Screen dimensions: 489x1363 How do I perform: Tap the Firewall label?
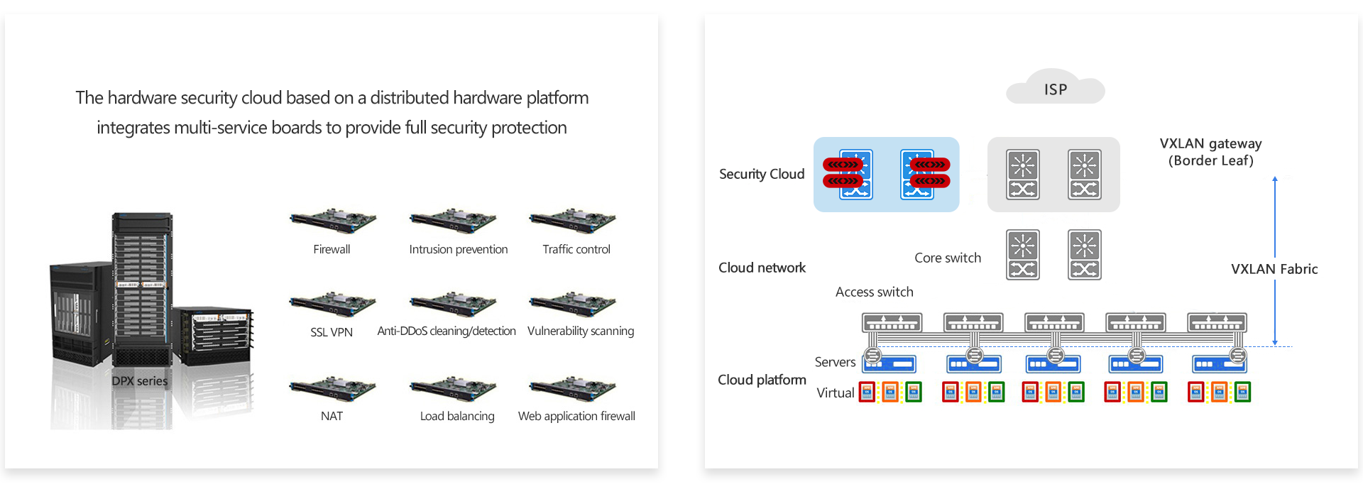[x=332, y=249]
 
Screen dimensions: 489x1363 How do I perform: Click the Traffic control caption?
[x=576, y=249]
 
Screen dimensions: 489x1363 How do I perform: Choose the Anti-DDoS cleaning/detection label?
[x=447, y=331]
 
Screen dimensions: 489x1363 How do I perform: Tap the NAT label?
[x=332, y=416]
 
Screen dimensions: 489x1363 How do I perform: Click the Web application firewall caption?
[x=576, y=416]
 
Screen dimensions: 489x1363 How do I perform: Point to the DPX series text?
[x=140, y=381]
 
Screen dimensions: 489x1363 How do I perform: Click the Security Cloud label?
[x=762, y=174]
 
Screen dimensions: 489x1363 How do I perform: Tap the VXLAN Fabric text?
[x=1274, y=269]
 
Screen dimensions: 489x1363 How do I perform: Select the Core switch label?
[x=948, y=258]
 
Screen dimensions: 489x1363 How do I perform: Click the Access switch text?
[x=874, y=292]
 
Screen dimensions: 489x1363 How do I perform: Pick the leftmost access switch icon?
[x=892, y=323]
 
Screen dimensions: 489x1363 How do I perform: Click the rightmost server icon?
[x=1219, y=364]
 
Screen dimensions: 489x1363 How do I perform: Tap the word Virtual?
[x=835, y=392]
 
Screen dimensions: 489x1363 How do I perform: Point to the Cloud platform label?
[x=762, y=380]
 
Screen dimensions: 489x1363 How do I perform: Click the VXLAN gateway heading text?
[x=1210, y=143]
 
